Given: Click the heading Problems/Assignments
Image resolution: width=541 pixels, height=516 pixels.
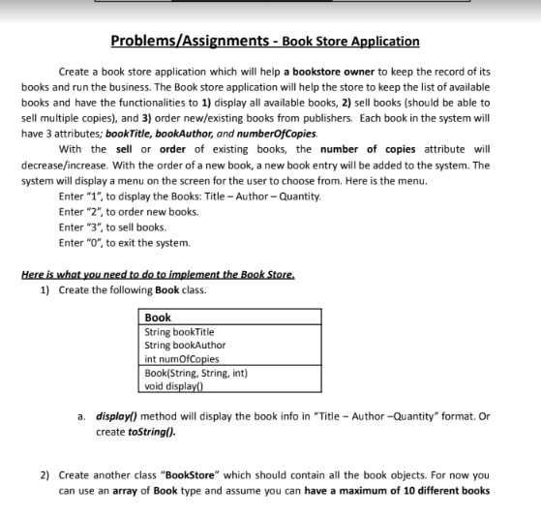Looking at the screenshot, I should coord(192,41).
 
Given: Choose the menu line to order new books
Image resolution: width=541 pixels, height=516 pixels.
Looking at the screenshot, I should coord(129,211).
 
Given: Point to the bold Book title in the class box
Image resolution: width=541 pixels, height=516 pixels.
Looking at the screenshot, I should coord(158,318).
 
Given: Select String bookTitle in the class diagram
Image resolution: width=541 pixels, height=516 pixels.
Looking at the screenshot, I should coord(179,332).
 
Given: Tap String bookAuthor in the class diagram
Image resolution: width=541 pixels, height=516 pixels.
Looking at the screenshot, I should coord(184,345).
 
